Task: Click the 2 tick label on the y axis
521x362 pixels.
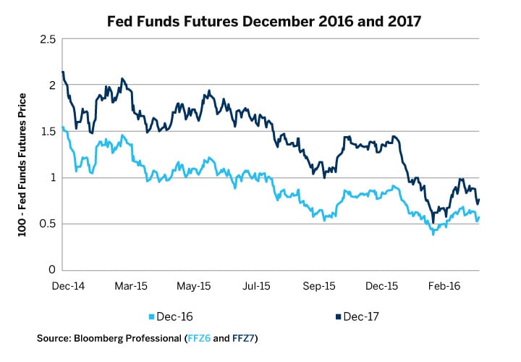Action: (x=51, y=85)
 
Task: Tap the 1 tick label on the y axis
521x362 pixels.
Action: (x=51, y=177)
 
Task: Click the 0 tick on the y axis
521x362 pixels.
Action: (x=51, y=270)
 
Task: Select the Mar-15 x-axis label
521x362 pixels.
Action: (x=133, y=287)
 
